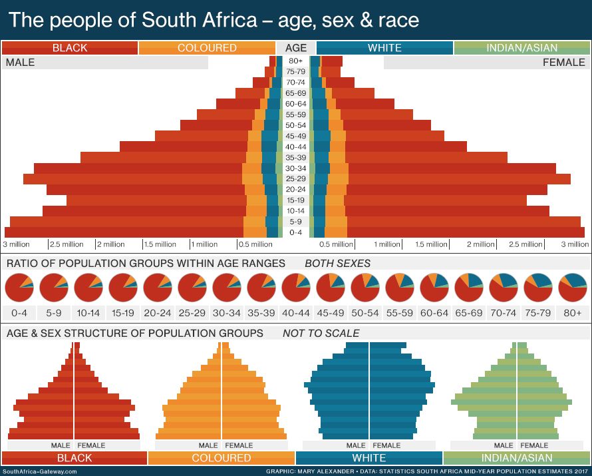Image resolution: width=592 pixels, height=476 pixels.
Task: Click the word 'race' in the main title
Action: click(396, 20)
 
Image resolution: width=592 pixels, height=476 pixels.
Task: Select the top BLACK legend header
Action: click(70, 48)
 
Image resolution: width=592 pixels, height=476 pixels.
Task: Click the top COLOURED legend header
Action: click(207, 48)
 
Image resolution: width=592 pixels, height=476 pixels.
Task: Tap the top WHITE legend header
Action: click(384, 48)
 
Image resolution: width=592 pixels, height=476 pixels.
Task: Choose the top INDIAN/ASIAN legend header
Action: click(522, 48)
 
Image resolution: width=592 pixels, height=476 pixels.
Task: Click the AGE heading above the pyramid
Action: click(296, 48)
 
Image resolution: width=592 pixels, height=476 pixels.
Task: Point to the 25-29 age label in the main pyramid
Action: click(296, 179)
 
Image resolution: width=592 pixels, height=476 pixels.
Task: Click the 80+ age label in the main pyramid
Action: click(296, 61)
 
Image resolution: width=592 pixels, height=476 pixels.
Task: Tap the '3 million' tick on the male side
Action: click(17, 244)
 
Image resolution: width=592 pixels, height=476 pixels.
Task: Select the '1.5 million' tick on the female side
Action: click(432, 244)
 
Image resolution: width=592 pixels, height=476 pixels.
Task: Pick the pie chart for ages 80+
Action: click(573, 288)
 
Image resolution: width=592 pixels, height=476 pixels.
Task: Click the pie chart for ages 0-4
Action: click(19, 288)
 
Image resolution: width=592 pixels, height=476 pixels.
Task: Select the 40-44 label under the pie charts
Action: click(296, 313)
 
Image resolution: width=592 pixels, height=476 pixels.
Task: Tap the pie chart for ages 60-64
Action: click(434, 288)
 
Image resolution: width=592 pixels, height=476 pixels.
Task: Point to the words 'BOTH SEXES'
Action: click(337, 264)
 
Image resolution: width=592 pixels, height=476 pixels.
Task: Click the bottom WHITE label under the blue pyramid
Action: click(369, 458)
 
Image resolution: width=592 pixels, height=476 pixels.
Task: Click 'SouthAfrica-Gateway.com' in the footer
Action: click(40, 471)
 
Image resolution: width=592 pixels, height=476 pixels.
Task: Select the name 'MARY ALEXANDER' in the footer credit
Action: click(320, 471)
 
